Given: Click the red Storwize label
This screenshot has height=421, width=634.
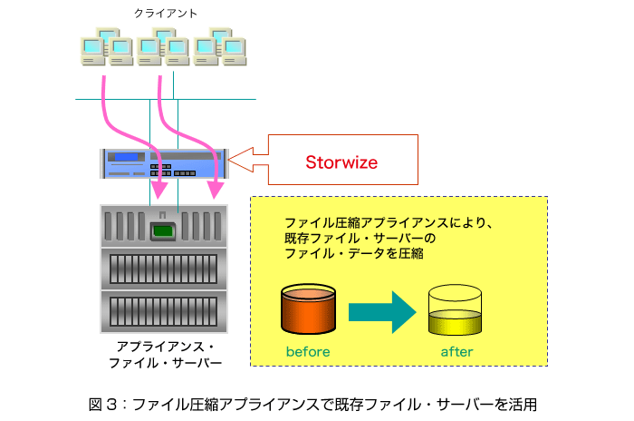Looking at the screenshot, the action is pyautogui.click(x=341, y=162).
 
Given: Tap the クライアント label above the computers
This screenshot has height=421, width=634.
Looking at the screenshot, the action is pyautogui.click(x=166, y=14).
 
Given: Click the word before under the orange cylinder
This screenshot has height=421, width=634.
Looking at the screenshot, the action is pyautogui.click(x=308, y=351).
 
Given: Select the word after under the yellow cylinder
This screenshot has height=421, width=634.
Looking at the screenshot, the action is pyautogui.click(x=456, y=351).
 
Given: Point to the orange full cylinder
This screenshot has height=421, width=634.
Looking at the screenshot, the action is pyautogui.click(x=308, y=308).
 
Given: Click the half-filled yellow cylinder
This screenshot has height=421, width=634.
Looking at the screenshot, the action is pyautogui.click(x=455, y=310).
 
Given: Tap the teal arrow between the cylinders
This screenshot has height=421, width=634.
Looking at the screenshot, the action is pyautogui.click(x=382, y=312).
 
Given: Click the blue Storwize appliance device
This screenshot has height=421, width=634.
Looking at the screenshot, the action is pyautogui.click(x=164, y=163).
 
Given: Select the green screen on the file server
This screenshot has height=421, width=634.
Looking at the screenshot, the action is pyautogui.click(x=163, y=231).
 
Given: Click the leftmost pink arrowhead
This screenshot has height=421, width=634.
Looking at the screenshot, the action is pyautogui.click(x=159, y=190).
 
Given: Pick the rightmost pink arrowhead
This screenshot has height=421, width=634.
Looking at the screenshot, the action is pyautogui.click(x=216, y=190).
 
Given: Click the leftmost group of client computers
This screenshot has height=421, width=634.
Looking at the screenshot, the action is pyautogui.click(x=107, y=46).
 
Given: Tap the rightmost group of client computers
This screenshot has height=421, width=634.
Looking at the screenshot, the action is pyautogui.click(x=220, y=46).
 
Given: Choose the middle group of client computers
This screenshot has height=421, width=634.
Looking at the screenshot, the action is pyautogui.click(x=163, y=46).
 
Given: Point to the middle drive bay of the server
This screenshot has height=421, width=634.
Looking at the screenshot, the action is pyautogui.click(x=164, y=269).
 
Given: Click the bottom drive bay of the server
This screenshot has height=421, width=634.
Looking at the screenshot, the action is pyautogui.click(x=164, y=311).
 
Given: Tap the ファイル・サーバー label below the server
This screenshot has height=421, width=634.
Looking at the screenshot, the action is pyautogui.click(x=166, y=363).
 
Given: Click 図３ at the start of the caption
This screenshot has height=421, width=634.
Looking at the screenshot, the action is pyautogui.click(x=103, y=405).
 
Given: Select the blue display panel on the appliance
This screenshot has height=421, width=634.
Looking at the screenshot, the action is pyautogui.click(x=126, y=157).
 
